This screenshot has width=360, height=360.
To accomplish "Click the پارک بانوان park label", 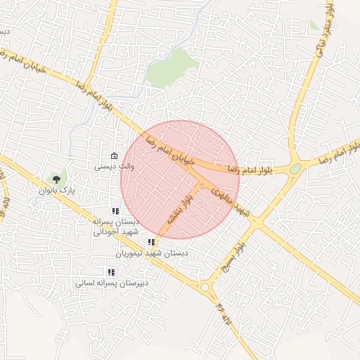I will pos(56,191).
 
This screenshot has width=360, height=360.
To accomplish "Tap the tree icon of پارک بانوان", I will pos(56,179).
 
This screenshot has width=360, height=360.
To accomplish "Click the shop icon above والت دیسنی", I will pos(114,156).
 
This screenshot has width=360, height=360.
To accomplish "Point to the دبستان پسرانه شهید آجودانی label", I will pos(117,226).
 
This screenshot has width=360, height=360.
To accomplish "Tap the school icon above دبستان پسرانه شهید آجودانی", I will pos(115,211).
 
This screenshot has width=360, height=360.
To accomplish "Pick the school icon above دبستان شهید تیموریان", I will pos(151,243).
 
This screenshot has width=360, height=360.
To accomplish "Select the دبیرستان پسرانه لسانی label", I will pos(112,283).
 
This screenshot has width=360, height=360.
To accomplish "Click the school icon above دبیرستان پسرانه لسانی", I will pos(111,272).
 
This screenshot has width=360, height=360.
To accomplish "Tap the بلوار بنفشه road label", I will pos(178,210).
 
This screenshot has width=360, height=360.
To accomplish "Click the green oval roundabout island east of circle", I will pos(295,169).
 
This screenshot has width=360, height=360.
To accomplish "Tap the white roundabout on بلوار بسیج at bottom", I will pos(205,287).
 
